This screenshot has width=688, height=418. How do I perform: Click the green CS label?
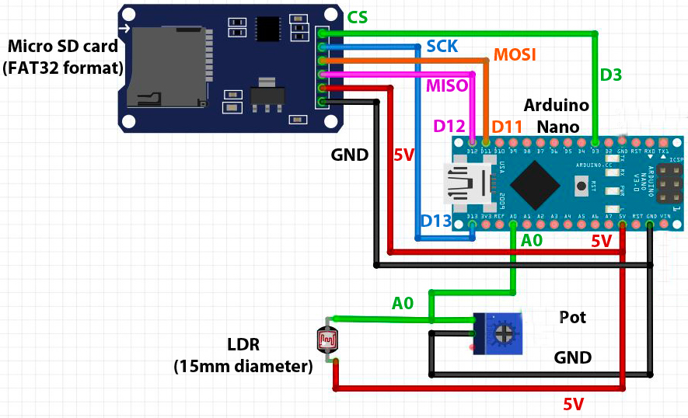click(x=358, y=17)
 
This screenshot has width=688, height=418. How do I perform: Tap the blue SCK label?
click(x=442, y=47)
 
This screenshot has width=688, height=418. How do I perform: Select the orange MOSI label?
click(x=515, y=56)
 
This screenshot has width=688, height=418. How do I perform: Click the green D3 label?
click(x=611, y=75)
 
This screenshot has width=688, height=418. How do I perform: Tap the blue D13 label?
click(x=436, y=221)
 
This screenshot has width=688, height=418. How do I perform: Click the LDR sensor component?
click(x=327, y=340)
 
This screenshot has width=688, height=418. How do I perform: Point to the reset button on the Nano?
click(x=581, y=186)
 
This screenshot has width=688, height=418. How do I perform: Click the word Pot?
click(x=572, y=317)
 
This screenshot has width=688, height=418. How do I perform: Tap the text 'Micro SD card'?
click(x=63, y=47)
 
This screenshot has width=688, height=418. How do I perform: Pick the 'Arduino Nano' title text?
click(x=556, y=116)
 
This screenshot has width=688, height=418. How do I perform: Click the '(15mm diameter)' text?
click(x=243, y=365)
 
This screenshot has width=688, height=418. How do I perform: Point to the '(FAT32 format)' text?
click(x=63, y=68)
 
